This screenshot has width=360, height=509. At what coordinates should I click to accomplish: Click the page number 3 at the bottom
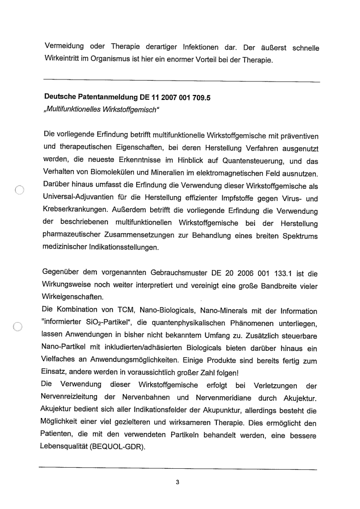click(177, 481)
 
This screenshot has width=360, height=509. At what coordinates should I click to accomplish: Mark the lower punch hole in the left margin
click(19, 326)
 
